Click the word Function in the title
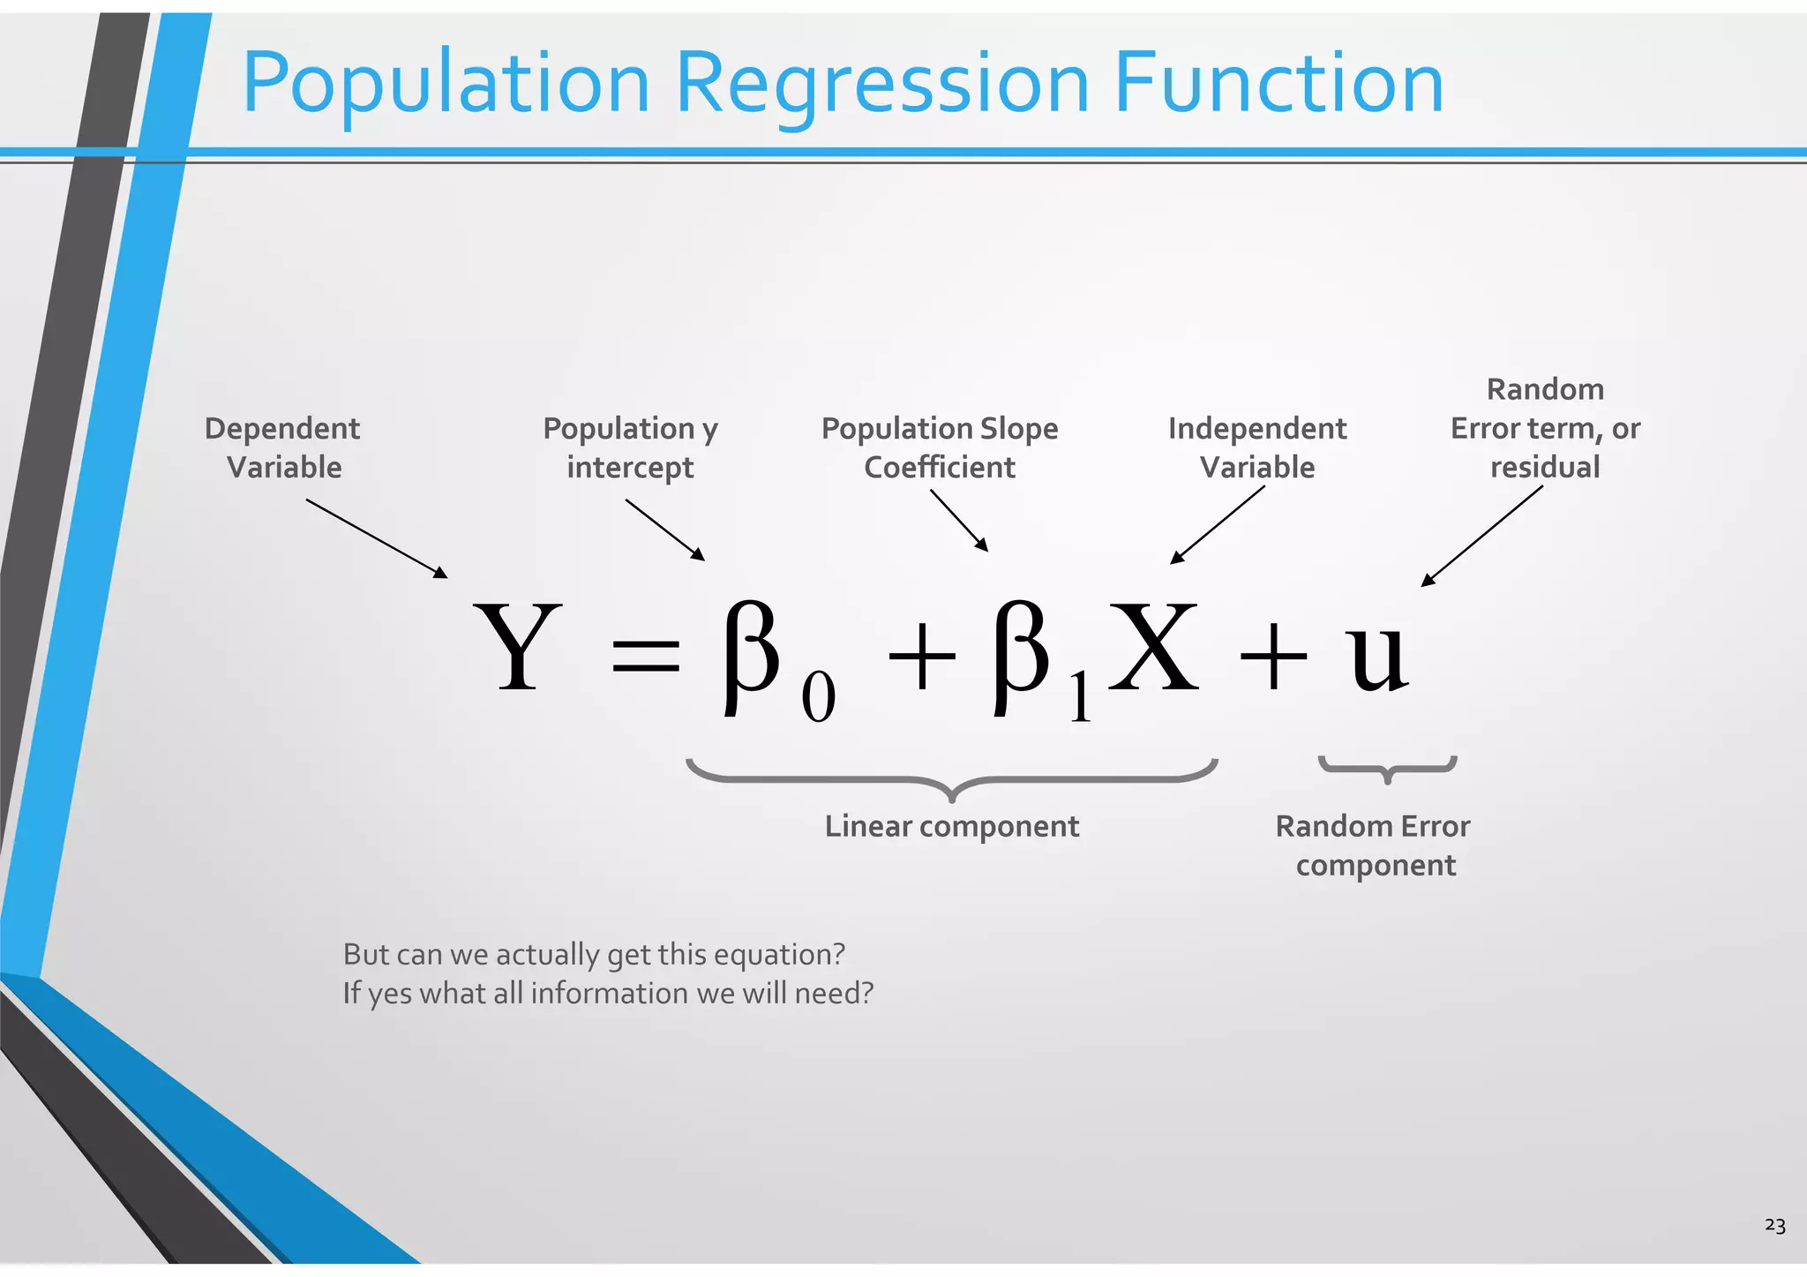[x=1278, y=84]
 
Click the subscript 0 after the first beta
[x=818, y=697]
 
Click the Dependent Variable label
[x=282, y=447]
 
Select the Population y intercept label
[x=630, y=447]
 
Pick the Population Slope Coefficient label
[x=940, y=447]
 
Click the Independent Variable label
[x=1257, y=447]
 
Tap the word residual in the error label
[x=1544, y=467]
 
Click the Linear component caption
[x=951, y=826]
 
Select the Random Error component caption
[x=1374, y=845]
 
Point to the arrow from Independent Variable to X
[x=1218, y=524]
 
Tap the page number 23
[x=1774, y=1226]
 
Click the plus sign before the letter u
[x=1272, y=657]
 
